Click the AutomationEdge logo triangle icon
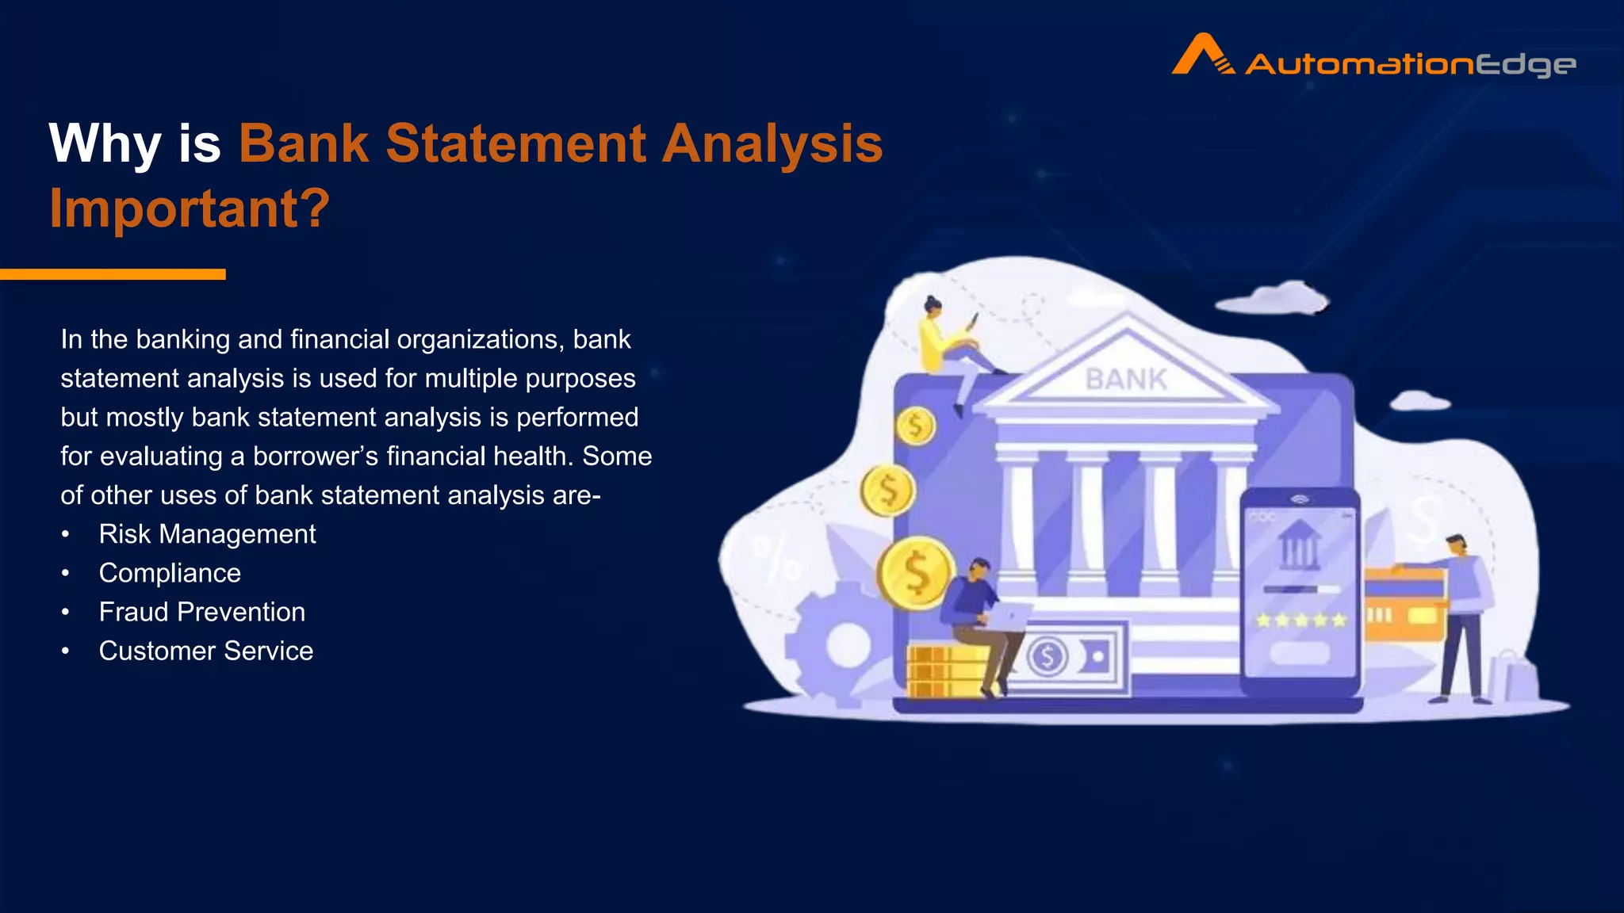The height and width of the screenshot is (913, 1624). [1202, 55]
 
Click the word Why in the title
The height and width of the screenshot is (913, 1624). [105, 144]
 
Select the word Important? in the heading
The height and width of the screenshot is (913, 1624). [190, 208]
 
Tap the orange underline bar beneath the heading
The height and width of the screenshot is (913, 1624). [113, 274]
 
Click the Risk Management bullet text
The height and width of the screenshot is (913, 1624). [207, 534]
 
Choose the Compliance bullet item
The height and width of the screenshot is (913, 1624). [170, 573]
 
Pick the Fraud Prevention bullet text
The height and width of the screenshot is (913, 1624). [201, 612]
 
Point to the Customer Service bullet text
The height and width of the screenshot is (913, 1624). [205, 651]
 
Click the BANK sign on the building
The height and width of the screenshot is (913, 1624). [1125, 380]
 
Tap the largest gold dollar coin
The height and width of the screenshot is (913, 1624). [915, 572]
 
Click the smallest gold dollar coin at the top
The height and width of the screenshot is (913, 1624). [915, 426]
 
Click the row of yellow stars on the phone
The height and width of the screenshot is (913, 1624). [1300, 620]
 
